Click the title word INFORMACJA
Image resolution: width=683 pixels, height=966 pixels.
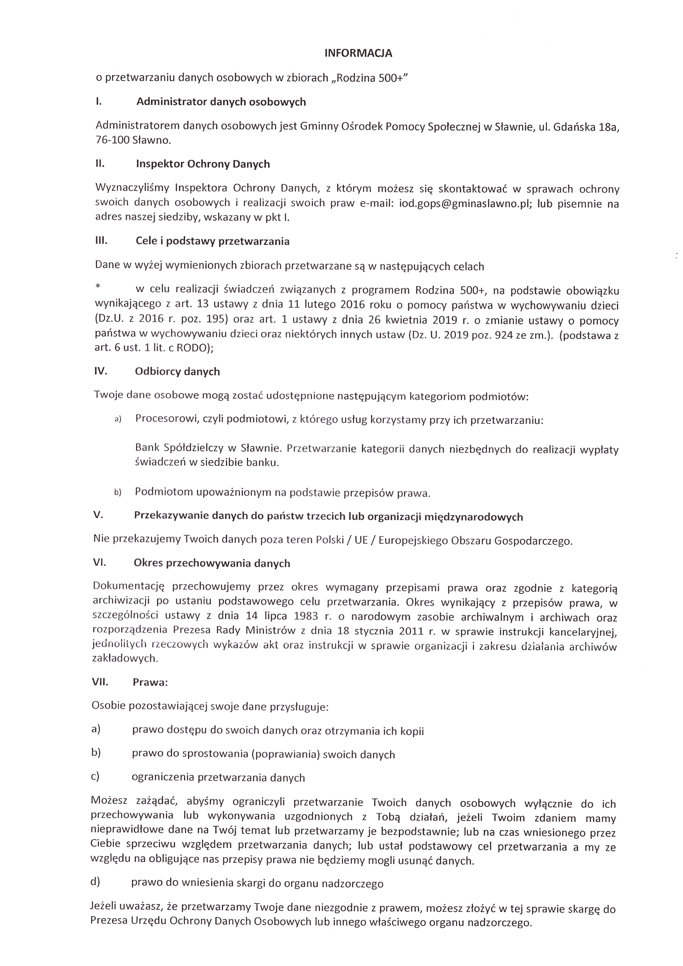358,53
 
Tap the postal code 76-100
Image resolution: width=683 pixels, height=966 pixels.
112,140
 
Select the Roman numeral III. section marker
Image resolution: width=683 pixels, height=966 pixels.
101,240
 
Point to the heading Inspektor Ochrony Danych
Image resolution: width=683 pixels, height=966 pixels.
203,164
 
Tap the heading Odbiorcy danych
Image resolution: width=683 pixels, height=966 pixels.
177,371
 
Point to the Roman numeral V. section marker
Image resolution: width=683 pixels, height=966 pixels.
98,515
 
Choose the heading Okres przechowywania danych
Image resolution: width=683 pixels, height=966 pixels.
211,563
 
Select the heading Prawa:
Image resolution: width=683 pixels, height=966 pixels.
150,682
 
